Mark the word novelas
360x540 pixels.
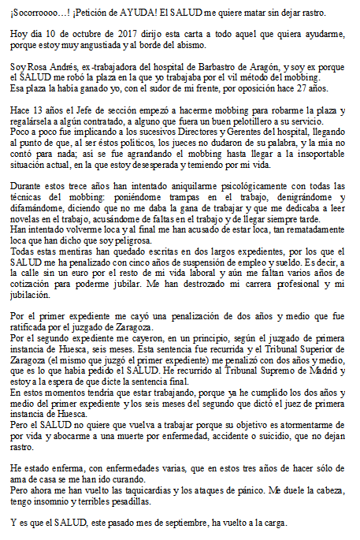click(x=24, y=218)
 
